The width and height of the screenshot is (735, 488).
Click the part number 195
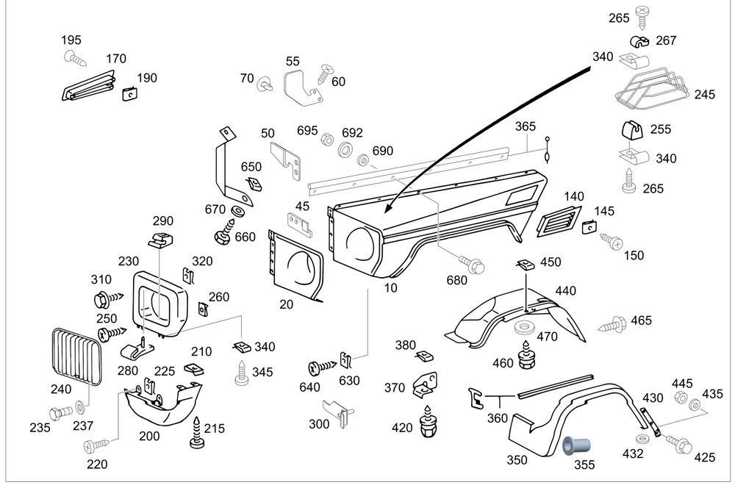tap(71, 40)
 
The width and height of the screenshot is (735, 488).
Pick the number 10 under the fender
tap(390, 288)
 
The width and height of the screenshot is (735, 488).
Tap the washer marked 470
tap(525, 325)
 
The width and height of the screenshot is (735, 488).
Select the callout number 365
tap(526, 126)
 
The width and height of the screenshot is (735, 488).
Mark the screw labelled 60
tap(323, 72)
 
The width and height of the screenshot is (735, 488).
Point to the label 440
tap(565, 291)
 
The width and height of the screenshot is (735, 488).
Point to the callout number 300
tap(319, 424)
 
